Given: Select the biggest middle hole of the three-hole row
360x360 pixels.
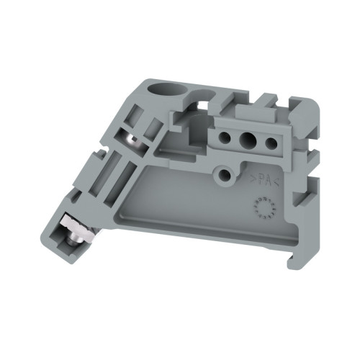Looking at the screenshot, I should [x=249, y=140].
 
